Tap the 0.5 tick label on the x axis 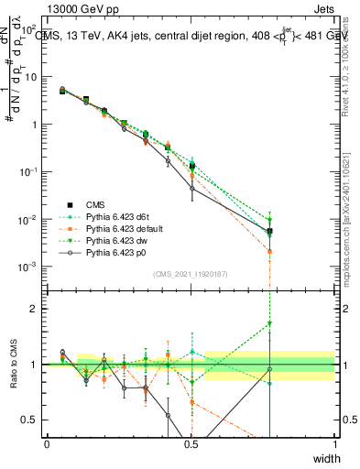pyautogui.click(x=191, y=444)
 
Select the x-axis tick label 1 pyautogui.click(x=334, y=444)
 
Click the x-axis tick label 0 pyautogui.click(x=47, y=444)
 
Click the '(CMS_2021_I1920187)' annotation pyautogui.click(x=190, y=274)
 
